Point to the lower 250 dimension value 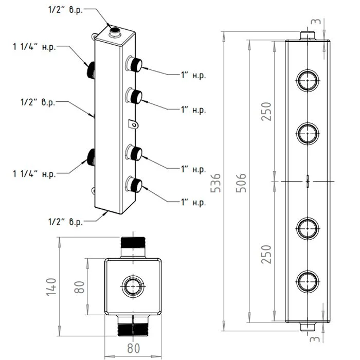tap(266, 252)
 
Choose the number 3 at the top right tap(318, 22)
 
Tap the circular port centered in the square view tap(133, 285)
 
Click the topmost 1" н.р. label tap(193, 75)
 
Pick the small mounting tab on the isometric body tap(133, 123)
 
